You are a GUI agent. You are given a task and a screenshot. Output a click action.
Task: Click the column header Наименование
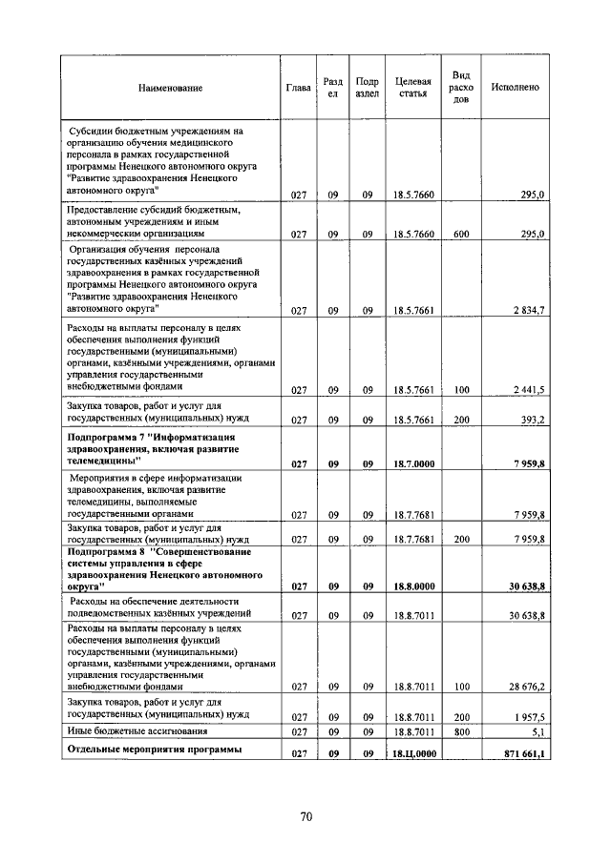tap(171, 88)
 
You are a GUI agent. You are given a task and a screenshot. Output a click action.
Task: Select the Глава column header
tap(298, 88)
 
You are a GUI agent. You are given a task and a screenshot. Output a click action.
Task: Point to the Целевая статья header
tap(413, 88)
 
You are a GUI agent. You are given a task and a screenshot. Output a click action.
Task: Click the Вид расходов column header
tap(461, 87)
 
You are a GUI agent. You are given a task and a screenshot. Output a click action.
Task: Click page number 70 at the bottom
tap(305, 816)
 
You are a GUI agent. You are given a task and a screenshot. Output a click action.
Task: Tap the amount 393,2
tap(532, 420)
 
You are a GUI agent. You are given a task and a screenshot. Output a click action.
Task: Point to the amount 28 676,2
tap(526, 686)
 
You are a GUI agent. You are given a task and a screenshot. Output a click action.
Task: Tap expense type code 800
tap(461, 732)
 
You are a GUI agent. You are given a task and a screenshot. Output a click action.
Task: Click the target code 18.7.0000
tap(413, 464)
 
